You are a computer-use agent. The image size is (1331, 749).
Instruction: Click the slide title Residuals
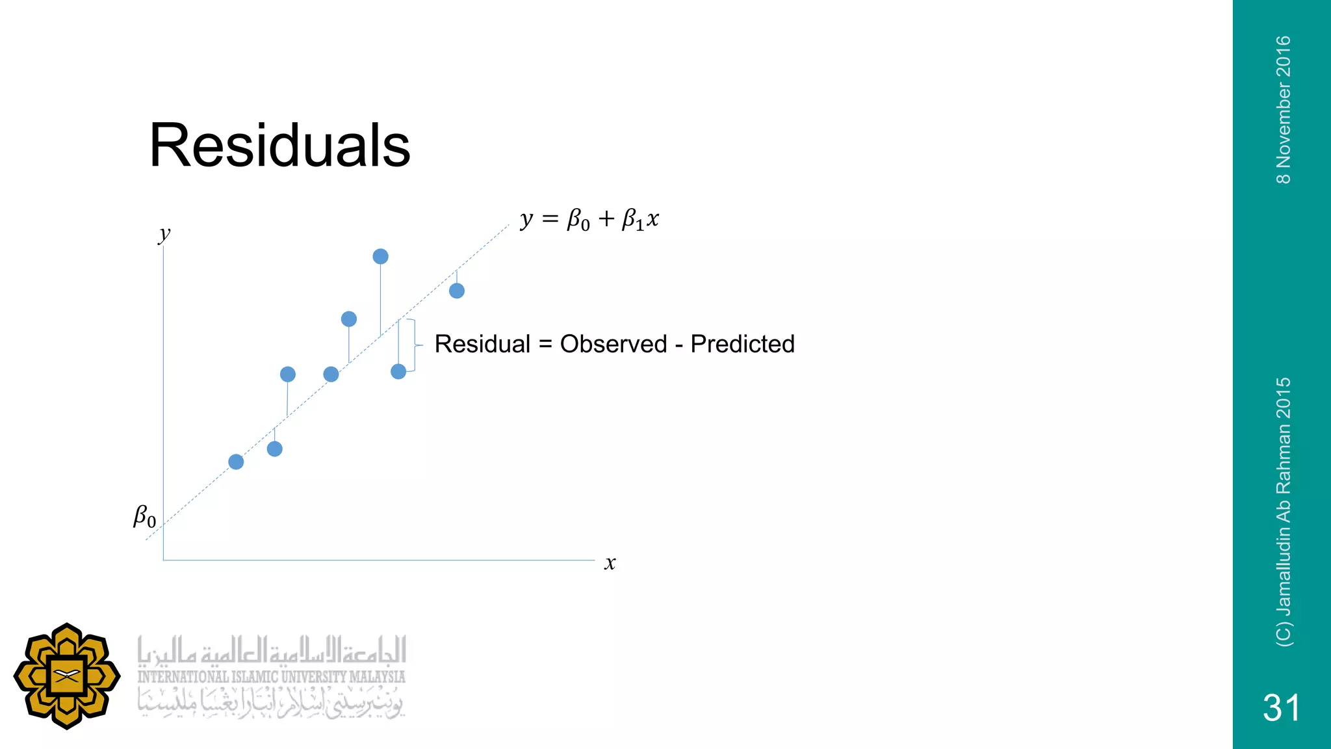click(279, 146)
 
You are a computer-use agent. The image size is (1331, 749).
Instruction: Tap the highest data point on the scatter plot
click(380, 257)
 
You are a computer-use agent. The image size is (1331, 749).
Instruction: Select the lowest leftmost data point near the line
click(236, 462)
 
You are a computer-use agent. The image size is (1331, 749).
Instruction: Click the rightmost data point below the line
click(457, 291)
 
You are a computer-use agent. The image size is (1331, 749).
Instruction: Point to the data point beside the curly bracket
click(398, 371)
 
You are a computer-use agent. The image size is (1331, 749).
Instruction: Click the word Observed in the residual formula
click(614, 344)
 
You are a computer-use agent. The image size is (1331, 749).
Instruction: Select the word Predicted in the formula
click(742, 344)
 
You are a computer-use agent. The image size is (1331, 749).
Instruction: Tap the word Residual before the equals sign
click(482, 344)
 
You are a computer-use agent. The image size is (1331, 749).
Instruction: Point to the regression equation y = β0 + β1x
click(589, 220)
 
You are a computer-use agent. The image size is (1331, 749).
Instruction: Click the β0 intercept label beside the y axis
click(144, 517)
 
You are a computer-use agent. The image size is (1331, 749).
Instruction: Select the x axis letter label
click(610, 563)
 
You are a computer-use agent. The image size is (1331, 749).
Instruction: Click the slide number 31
click(1281, 707)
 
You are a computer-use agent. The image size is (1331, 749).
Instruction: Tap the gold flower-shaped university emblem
click(67, 676)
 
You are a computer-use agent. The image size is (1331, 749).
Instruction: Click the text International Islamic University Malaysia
click(271, 677)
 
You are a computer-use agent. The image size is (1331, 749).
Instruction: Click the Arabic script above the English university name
click(271, 650)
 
